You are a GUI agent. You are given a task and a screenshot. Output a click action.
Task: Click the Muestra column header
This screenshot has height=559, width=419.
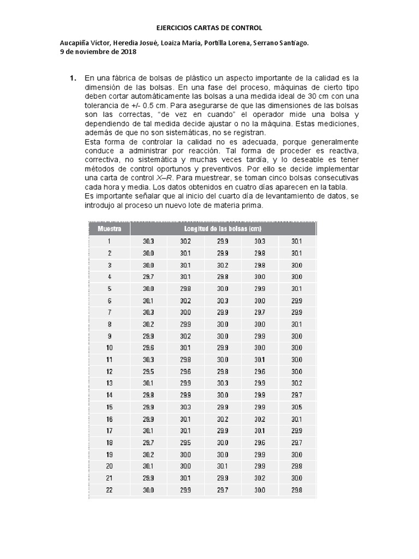[109, 228]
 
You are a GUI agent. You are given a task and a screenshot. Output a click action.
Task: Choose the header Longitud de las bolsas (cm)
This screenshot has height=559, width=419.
[223, 228]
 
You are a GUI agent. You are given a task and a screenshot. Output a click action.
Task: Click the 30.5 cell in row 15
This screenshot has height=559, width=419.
[296, 407]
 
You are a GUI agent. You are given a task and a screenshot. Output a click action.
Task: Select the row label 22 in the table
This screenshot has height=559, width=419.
[109, 490]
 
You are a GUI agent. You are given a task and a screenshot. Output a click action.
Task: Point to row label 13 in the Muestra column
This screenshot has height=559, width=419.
[109, 383]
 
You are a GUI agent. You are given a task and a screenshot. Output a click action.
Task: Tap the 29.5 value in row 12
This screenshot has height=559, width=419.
[148, 371]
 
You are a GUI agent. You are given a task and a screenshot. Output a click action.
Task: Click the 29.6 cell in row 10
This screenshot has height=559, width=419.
[148, 347]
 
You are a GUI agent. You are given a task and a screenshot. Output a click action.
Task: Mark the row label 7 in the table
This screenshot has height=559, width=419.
[109, 312]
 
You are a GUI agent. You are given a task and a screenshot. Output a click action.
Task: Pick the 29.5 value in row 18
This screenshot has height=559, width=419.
[185, 442]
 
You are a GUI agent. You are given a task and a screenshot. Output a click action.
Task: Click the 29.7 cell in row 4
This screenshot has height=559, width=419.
[148, 276]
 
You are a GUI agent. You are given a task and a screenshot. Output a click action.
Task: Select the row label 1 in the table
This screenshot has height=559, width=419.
[109, 241]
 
